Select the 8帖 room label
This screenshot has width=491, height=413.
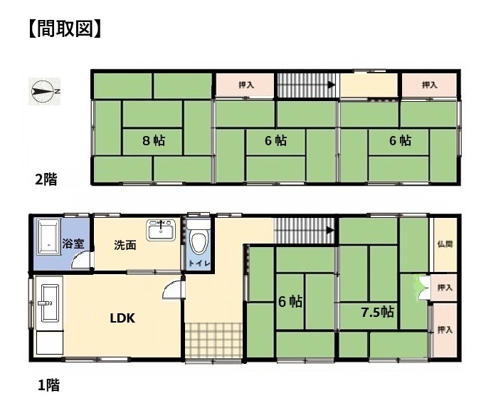[x=154, y=141]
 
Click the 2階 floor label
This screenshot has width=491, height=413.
[x=46, y=179]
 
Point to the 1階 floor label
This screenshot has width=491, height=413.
[x=48, y=385]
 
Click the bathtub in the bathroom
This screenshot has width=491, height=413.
[x=48, y=238]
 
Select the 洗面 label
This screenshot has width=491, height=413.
[x=125, y=245]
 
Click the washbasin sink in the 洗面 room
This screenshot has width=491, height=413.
[x=162, y=231]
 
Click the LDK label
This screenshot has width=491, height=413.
[x=122, y=318]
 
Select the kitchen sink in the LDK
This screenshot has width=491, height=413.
[x=48, y=303]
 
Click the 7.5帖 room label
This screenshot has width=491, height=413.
[x=377, y=312]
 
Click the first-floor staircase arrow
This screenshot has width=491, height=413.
[x=329, y=231]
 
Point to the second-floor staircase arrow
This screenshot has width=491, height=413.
[x=331, y=85]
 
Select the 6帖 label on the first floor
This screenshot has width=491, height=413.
[x=290, y=302]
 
